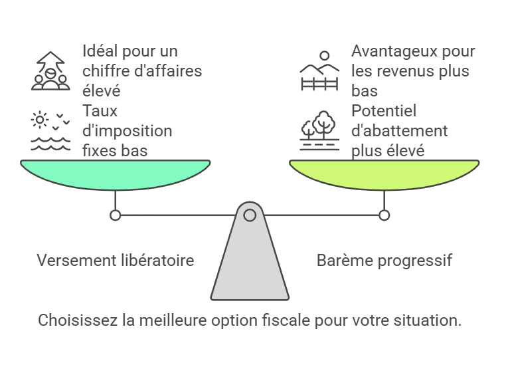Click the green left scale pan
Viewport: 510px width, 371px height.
click(x=116, y=174)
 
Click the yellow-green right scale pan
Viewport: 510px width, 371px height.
click(x=384, y=174)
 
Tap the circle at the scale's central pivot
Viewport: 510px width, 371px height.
click(x=250, y=215)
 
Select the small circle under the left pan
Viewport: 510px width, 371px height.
click(x=116, y=215)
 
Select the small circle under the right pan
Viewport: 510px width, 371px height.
click(x=384, y=215)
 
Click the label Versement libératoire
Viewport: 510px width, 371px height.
click(x=116, y=260)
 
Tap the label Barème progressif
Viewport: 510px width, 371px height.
click(x=384, y=260)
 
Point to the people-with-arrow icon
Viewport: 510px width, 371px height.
click(x=50, y=70)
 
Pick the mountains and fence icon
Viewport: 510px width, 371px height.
click(x=320, y=70)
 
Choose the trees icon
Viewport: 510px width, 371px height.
click(x=320, y=130)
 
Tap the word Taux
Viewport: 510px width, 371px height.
click(x=100, y=111)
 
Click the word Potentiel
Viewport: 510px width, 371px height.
click(x=384, y=111)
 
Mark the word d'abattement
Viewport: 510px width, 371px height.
click(x=400, y=130)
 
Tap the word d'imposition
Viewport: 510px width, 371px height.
click(x=127, y=130)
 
